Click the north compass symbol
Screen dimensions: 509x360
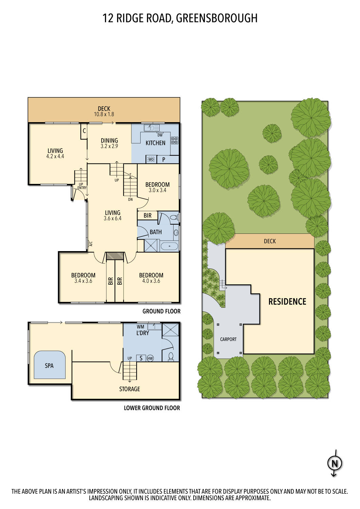click(335, 463)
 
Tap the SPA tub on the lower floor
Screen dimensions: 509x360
click(50, 365)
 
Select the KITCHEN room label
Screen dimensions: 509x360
click(155, 143)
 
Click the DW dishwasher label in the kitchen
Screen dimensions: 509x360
click(160, 135)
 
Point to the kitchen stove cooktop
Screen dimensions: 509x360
click(175, 140)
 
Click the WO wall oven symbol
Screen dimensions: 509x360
click(151, 159)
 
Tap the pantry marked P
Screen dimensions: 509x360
click(164, 159)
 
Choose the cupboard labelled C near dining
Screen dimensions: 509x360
click(84, 131)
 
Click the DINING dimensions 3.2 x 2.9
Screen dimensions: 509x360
click(109, 146)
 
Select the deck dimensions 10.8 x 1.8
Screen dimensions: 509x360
click(104, 114)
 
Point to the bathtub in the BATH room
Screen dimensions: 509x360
click(169, 246)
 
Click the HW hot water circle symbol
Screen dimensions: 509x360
click(150, 358)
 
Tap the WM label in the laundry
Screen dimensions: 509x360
click(140, 327)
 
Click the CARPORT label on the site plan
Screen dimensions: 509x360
click(228, 339)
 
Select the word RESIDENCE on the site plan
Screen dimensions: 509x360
click(287, 301)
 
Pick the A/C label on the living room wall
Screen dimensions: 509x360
click(91, 243)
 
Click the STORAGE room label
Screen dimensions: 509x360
click(129, 389)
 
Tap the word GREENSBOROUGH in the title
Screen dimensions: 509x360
click(217, 18)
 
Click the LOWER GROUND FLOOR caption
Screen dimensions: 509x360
click(152, 408)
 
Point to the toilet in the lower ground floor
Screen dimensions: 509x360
click(171, 356)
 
